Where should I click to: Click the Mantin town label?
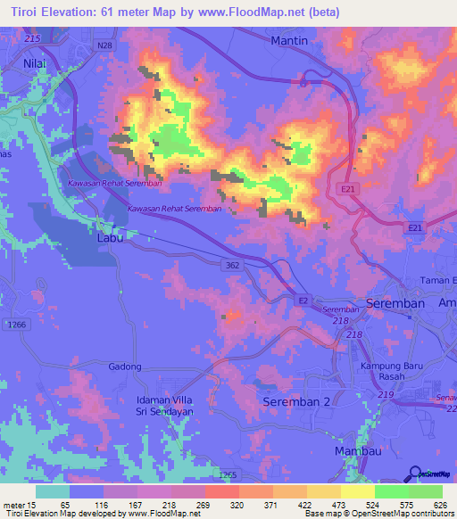click(288, 40)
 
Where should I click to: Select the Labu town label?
click(110, 239)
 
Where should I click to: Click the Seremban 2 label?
click(296, 402)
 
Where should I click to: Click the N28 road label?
click(105, 45)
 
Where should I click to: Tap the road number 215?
click(34, 39)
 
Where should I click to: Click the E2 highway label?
click(303, 301)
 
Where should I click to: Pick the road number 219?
click(386, 395)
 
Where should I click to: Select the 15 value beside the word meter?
click(32, 505)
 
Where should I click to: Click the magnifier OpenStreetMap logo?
click(416, 474)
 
